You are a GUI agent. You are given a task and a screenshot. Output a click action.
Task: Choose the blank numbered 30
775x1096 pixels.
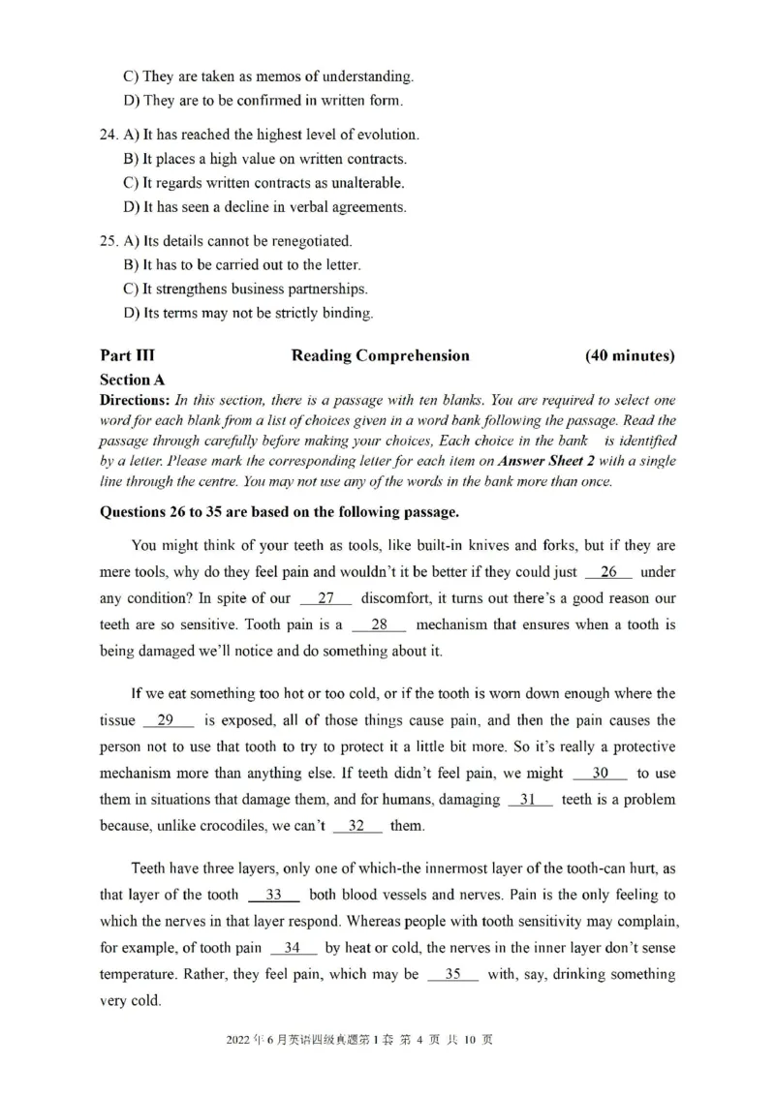click(x=600, y=773)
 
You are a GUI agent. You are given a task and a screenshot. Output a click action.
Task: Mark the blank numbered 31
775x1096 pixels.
click(x=529, y=799)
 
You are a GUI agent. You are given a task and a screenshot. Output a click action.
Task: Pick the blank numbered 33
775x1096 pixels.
click(x=273, y=895)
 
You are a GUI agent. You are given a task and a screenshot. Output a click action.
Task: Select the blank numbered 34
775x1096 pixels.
click(x=293, y=948)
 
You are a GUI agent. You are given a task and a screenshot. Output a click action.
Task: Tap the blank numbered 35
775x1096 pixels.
click(x=452, y=974)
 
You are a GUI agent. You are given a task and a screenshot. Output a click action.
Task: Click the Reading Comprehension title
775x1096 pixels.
click(x=380, y=355)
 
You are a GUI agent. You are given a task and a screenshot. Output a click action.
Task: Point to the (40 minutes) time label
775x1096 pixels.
click(x=630, y=355)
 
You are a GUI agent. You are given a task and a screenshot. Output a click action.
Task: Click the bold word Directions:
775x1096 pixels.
click(x=136, y=400)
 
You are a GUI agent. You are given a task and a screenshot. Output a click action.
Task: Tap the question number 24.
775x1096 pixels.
click(x=109, y=135)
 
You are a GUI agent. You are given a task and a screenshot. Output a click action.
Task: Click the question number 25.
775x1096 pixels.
click(x=109, y=240)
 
